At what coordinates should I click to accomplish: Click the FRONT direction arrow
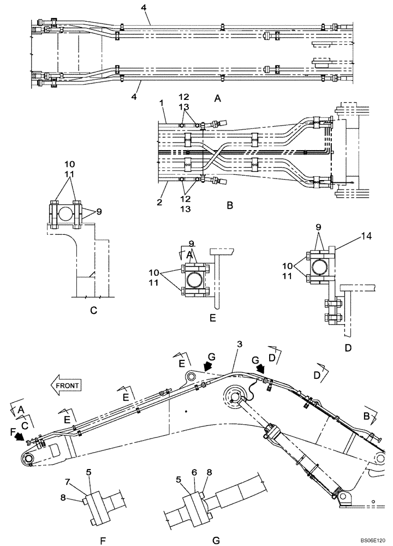coord(66,385)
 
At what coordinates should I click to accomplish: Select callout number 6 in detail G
coord(193,471)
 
